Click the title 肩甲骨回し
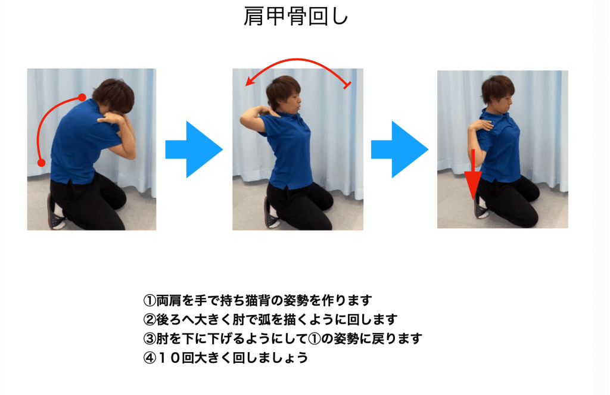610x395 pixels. [295, 17]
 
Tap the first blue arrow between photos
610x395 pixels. [194, 150]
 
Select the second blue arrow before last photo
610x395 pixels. [400, 150]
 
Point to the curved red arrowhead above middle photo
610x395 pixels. [250, 81]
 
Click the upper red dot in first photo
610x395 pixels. [82, 97]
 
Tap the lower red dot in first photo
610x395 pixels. [41, 163]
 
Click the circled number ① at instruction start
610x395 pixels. [150, 300]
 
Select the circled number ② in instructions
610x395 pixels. [150, 319]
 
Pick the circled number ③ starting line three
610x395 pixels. [150, 338]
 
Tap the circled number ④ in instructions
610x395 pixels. [150, 357]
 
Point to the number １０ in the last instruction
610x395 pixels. [169, 357]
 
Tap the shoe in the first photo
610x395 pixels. [55, 212]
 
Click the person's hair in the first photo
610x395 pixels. [112, 95]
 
